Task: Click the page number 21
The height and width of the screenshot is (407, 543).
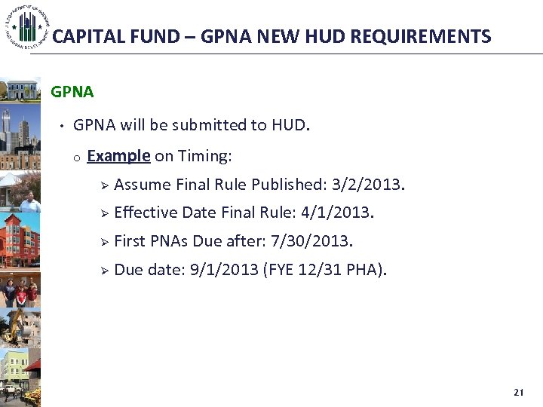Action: coord(518,393)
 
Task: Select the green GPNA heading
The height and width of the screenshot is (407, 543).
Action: coord(72,92)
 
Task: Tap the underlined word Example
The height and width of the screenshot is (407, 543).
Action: coord(119,156)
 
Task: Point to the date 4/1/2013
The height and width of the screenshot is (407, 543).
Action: coord(336,213)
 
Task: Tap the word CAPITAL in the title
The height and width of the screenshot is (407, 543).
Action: coord(84,36)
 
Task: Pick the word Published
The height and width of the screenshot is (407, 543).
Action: coord(289,185)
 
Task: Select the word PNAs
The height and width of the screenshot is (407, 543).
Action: coord(168,242)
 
